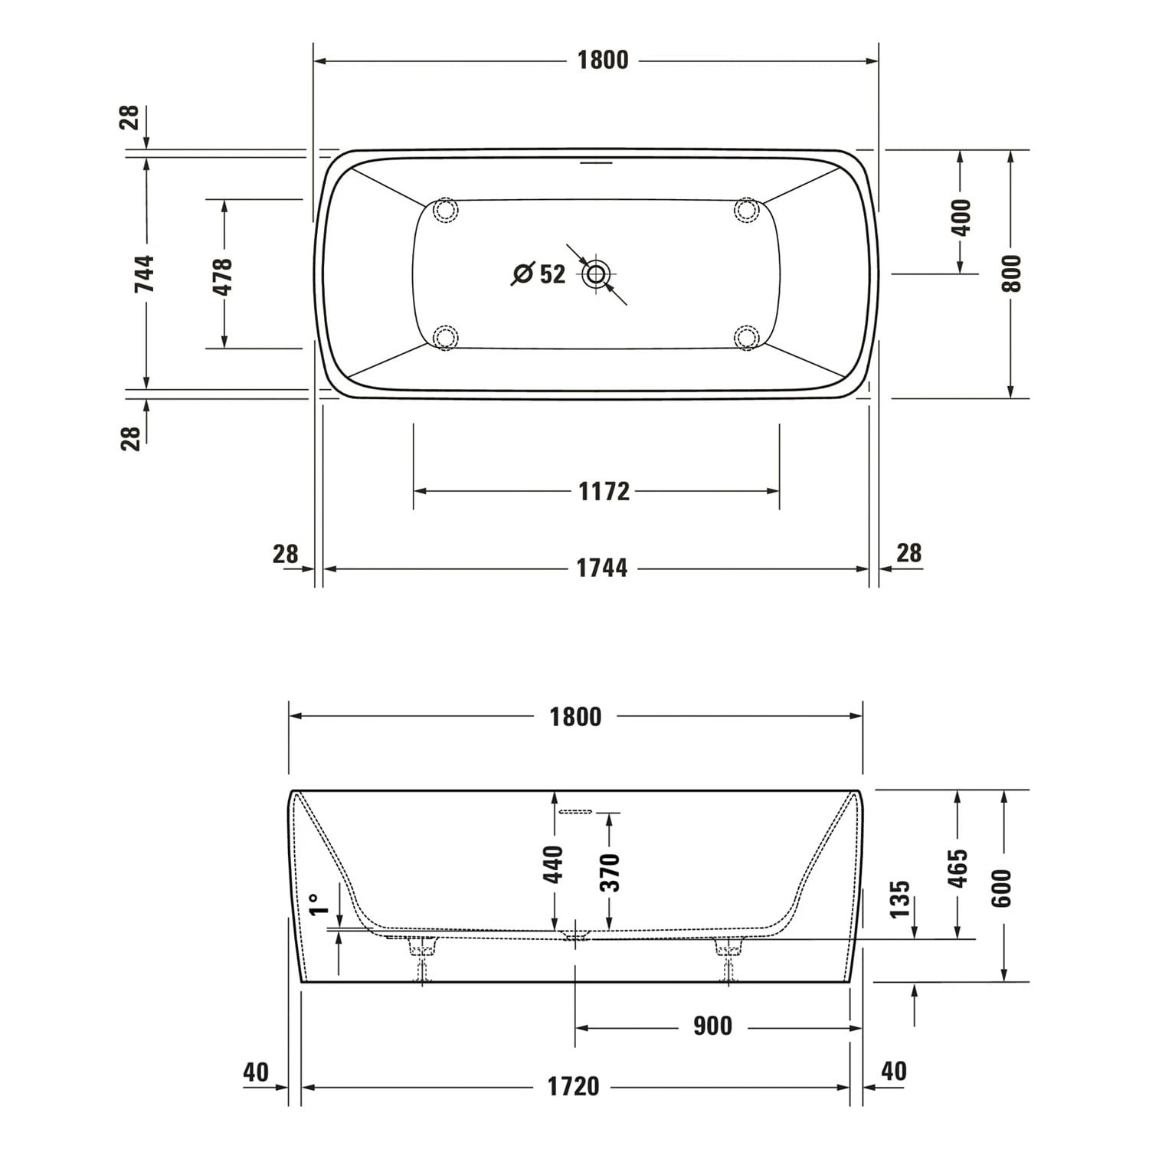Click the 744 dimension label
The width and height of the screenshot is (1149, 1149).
[144, 273]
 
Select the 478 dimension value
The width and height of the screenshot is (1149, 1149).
[222, 277]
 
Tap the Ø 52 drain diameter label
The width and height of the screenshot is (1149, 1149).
[538, 273]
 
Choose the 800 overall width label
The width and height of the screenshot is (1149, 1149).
[1011, 273]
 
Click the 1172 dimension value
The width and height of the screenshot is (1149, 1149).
[604, 491]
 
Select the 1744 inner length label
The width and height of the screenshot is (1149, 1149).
[601, 568]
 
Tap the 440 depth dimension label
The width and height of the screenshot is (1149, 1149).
[553, 863]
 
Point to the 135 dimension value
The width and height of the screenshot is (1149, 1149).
[901, 899]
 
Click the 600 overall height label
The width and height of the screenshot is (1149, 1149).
[1002, 889]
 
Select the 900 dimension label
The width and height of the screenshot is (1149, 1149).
[712, 1026]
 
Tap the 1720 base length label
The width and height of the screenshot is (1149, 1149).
[573, 1086]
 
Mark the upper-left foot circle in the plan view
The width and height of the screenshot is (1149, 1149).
[445, 209]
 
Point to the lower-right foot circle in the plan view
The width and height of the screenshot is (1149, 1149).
[745, 337]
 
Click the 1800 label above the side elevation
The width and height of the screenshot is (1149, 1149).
[575, 717]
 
